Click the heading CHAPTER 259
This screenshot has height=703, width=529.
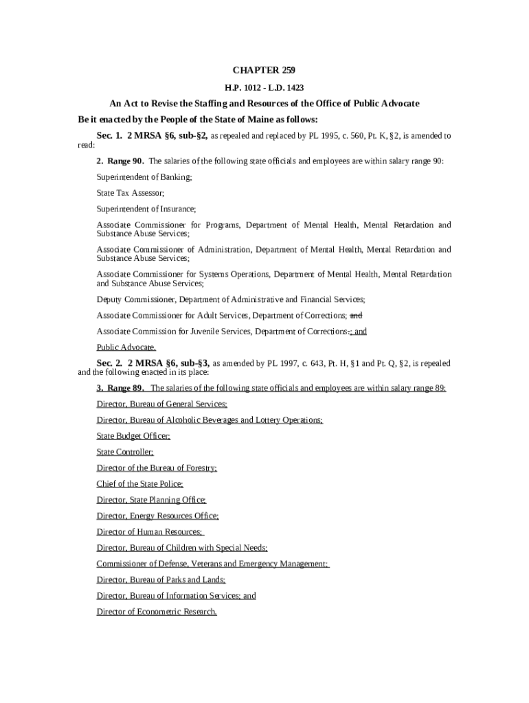(264, 71)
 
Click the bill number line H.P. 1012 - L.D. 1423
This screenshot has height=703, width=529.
(264, 88)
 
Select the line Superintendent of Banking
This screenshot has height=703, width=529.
(144, 177)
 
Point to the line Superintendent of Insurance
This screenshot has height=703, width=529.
(146, 209)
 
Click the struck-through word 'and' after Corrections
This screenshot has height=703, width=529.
(356, 316)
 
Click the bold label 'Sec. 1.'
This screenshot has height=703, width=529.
(109, 136)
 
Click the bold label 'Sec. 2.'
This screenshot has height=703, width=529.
(109, 362)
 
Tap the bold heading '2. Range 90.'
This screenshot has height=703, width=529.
(120, 161)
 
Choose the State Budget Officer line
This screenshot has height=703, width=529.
(133, 436)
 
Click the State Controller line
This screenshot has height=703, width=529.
(125, 452)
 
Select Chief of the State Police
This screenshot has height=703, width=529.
(139, 484)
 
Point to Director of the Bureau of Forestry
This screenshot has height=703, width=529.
(157, 468)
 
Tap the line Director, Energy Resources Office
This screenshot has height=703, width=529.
(157, 516)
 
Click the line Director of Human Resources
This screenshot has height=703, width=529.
(149, 532)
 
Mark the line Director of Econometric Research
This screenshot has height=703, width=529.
(157, 612)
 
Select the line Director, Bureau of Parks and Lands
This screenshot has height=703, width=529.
(156, 580)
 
